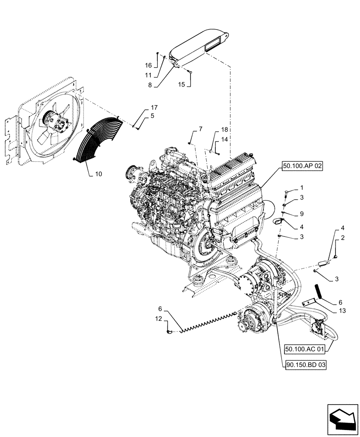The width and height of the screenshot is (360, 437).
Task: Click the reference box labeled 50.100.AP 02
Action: coord(299,166)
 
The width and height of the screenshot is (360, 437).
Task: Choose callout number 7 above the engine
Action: coord(201,129)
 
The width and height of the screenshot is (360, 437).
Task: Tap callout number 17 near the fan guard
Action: coord(142,108)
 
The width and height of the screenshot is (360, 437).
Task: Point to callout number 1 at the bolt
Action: coord(301,188)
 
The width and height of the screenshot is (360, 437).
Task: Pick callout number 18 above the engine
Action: coord(224,130)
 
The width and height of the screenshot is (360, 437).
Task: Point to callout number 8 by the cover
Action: coord(149,86)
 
